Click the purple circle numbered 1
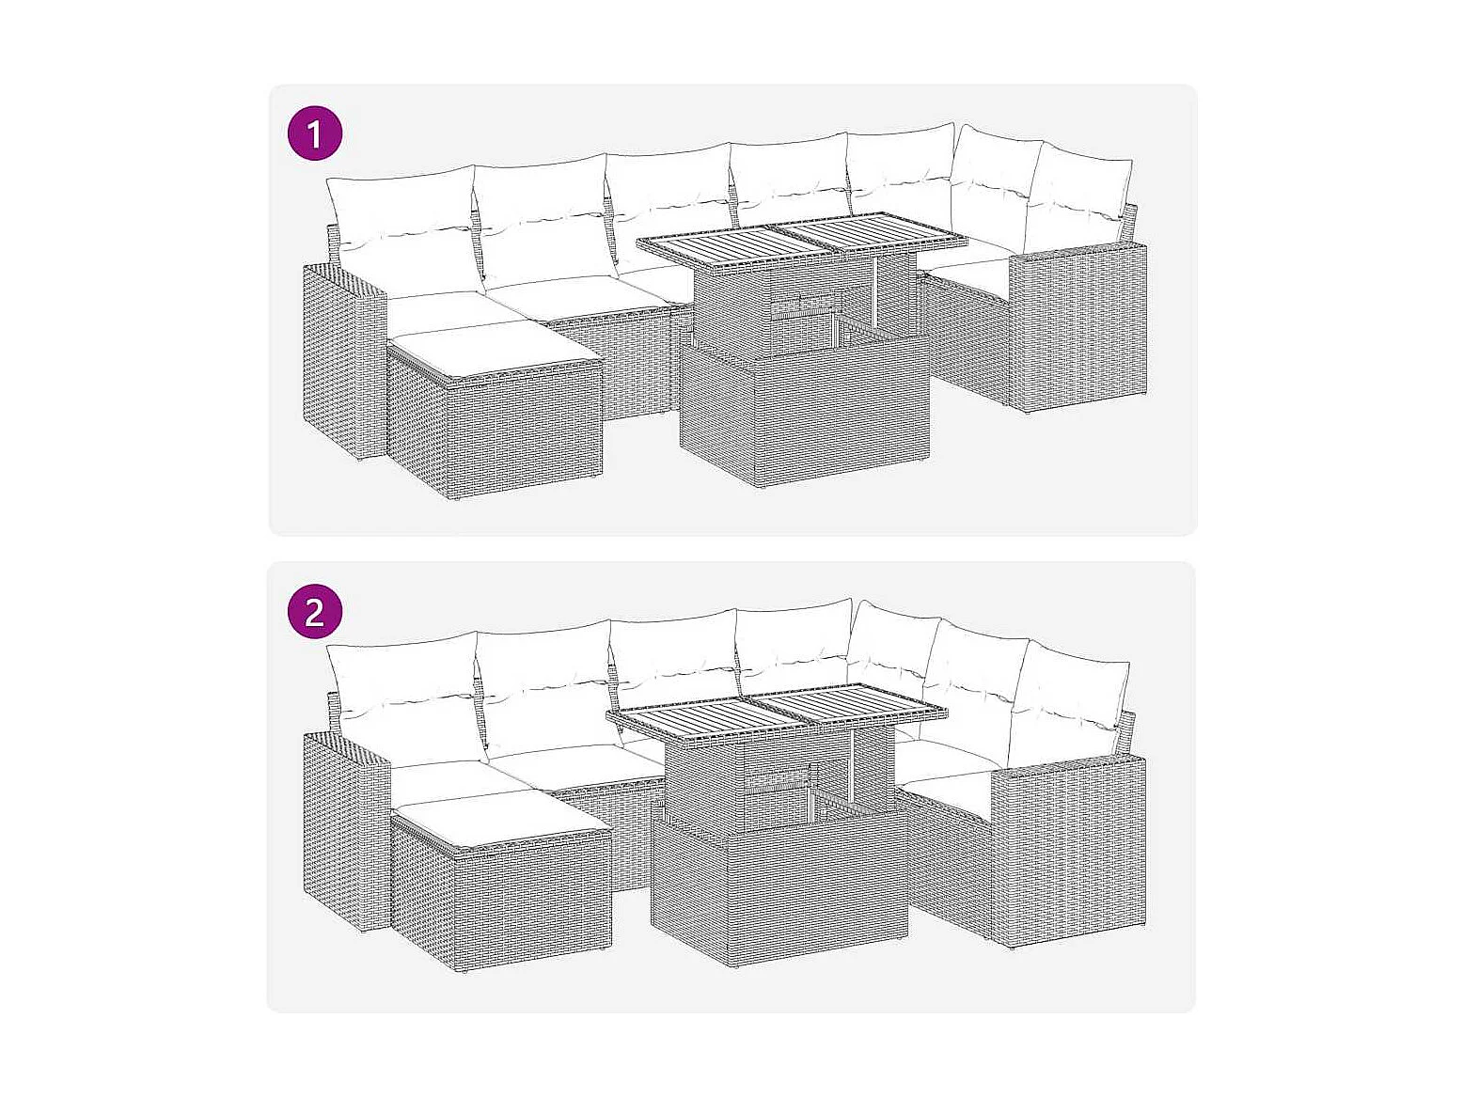315,133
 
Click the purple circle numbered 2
315,612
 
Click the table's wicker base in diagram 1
805,411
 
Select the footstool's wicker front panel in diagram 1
527,435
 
